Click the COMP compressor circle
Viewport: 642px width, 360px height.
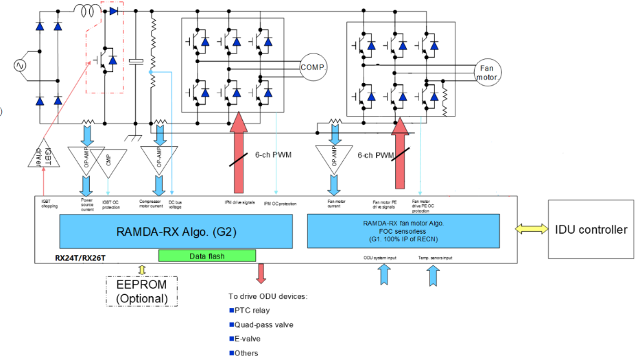[312, 67]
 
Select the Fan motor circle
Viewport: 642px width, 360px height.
[486, 73]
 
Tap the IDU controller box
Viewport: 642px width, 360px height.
[591, 230]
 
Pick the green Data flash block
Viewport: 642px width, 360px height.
[207, 255]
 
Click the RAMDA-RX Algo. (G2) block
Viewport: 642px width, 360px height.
[176, 231]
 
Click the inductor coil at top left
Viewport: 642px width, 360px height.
[86, 11]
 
